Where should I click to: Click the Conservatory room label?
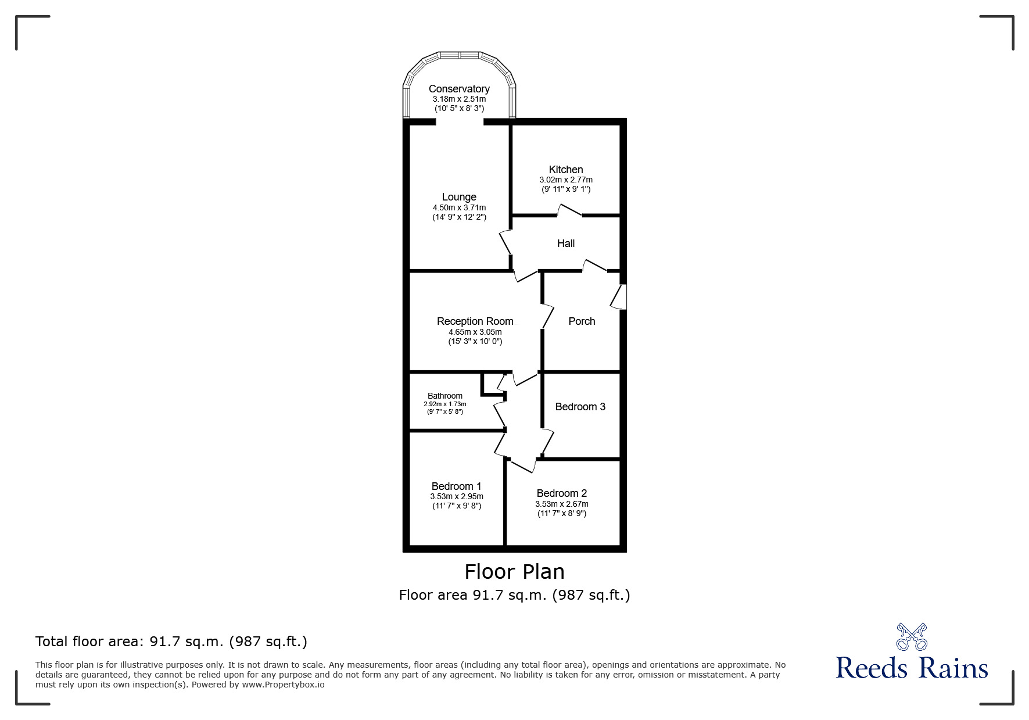[x=459, y=89]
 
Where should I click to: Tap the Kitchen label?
[x=566, y=170]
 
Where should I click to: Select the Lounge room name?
[x=459, y=197]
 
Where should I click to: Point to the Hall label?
[x=566, y=243]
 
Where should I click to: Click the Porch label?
[x=582, y=321]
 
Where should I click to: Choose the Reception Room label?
[x=475, y=321]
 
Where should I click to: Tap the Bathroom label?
[x=445, y=396]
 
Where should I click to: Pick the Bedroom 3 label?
[x=580, y=407]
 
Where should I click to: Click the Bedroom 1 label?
[x=456, y=486]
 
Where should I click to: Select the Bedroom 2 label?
[x=562, y=493]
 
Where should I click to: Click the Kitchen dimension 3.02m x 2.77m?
[x=566, y=180]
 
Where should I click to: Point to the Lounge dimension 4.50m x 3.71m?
[x=459, y=207]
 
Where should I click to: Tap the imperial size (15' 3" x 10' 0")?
[x=475, y=342]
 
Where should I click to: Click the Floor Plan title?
[x=514, y=572]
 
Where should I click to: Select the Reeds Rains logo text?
[x=912, y=668]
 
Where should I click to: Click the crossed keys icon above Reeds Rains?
[x=912, y=636]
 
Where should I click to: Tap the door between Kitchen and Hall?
[x=570, y=211]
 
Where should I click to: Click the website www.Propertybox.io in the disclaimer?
[x=284, y=685]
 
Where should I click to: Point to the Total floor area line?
[x=171, y=642]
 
